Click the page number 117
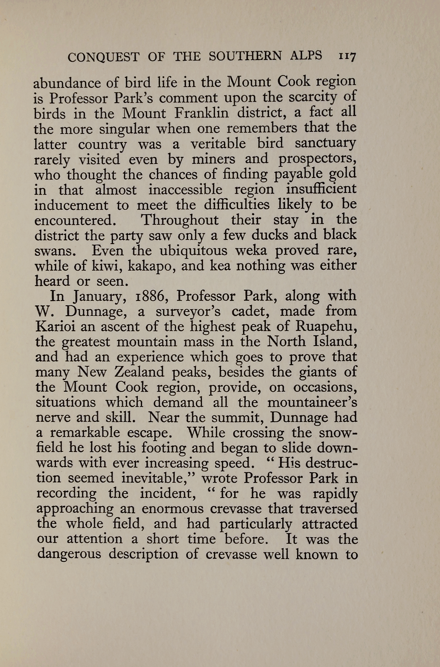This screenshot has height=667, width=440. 347,56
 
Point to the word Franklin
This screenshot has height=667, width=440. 201,113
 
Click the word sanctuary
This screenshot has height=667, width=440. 325,144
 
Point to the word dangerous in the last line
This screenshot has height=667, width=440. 69,554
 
